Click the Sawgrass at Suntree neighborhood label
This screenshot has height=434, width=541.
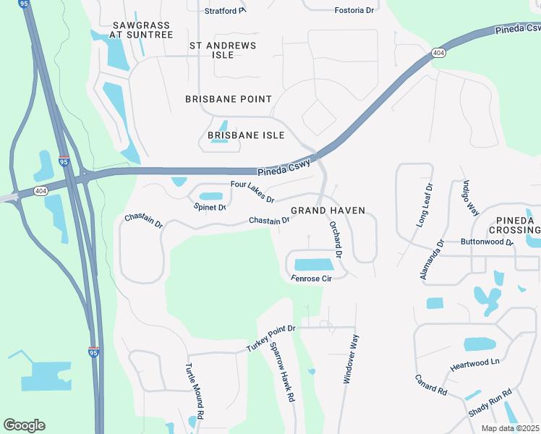[x=142, y=30]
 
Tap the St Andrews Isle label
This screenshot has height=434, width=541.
[x=223, y=50]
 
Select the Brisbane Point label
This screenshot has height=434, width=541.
[x=229, y=99]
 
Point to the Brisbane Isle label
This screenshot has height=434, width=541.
[x=246, y=135]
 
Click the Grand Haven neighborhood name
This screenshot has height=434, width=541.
[x=328, y=210]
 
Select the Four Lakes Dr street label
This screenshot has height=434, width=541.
[x=252, y=192]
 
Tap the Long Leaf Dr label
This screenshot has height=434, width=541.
[x=424, y=205]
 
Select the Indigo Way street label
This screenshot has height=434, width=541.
[x=472, y=197]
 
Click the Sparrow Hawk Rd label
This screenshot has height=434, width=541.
[x=282, y=371]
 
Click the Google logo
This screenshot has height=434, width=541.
[x=24, y=425]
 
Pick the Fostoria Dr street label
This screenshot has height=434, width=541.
[x=354, y=10]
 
